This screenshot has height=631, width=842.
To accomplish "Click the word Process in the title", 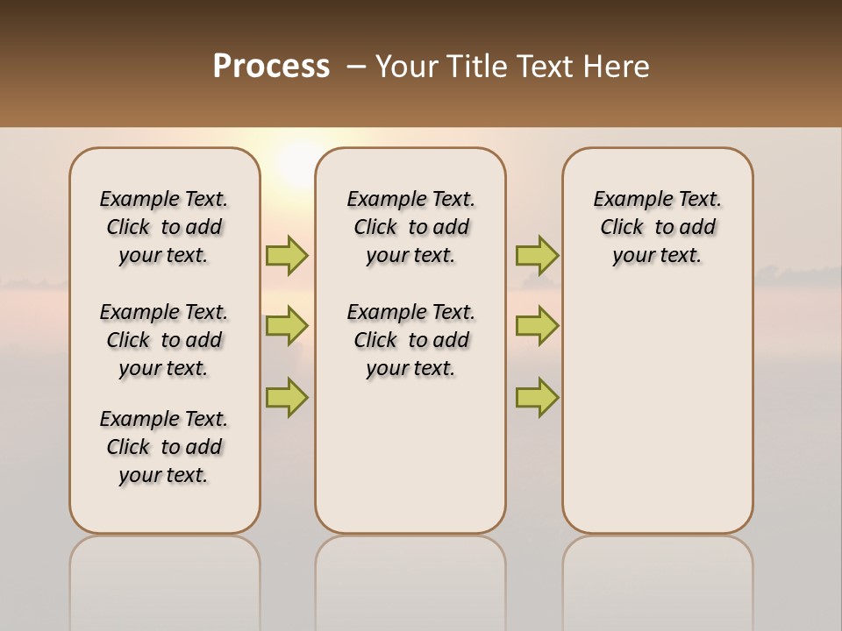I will [x=271, y=67].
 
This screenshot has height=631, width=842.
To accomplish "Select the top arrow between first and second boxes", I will [x=287, y=255].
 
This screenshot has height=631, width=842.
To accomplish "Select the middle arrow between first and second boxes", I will [x=287, y=326].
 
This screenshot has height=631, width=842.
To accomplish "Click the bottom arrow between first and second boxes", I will [x=287, y=397].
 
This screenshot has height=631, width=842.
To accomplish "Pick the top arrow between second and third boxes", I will [x=537, y=255].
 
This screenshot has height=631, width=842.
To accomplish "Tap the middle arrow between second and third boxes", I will [x=537, y=326].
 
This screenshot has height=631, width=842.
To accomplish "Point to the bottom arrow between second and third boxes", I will [x=537, y=397].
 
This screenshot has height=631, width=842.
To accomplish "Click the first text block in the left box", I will [x=164, y=227].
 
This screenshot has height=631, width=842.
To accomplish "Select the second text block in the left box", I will [x=164, y=340].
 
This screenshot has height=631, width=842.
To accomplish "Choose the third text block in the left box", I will [x=164, y=447].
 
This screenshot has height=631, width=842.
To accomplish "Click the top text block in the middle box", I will [x=410, y=227].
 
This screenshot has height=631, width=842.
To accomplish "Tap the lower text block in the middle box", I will [x=410, y=340].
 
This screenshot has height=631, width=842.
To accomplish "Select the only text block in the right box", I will [x=657, y=227].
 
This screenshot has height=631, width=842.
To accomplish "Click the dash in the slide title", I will [x=356, y=67].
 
